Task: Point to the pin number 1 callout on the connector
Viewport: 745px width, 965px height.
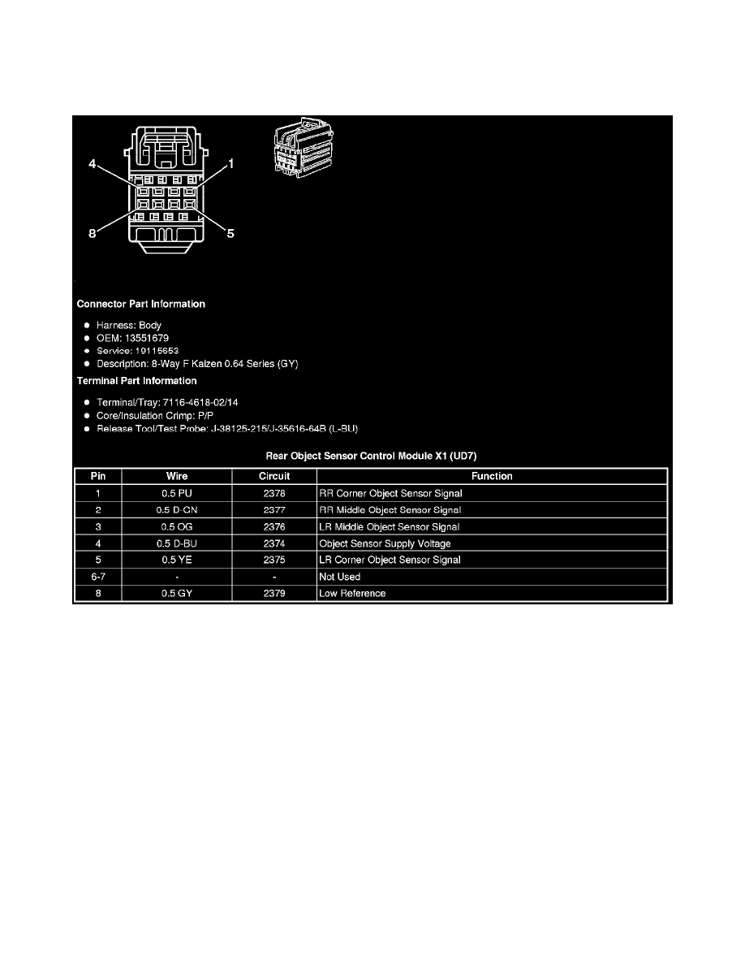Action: tap(230, 165)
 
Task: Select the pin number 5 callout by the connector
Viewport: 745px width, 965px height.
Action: tap(230, 234)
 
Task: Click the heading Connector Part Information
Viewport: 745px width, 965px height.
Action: tap(140, 305)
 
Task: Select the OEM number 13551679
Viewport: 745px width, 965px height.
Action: tap(134, 337)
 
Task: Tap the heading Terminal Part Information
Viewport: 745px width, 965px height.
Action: tap(136, 381)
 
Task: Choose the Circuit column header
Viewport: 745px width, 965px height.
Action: tap(274, 476)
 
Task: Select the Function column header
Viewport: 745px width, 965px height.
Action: tap(492, 476)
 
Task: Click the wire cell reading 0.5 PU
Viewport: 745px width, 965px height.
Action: tap(177, 493)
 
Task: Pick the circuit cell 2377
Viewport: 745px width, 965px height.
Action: tap(274, 510)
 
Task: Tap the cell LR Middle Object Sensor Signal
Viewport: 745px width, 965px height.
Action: tap(390, 527)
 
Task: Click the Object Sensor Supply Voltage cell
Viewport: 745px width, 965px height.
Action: tap(385, 543)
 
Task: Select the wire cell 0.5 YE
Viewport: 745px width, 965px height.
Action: tap(177, 560)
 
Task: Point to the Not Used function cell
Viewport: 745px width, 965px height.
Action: tap(340, 577)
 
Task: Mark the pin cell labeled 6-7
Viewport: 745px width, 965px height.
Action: tap(97, 577)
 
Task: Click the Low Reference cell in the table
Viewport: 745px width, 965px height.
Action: tap(353, 594)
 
